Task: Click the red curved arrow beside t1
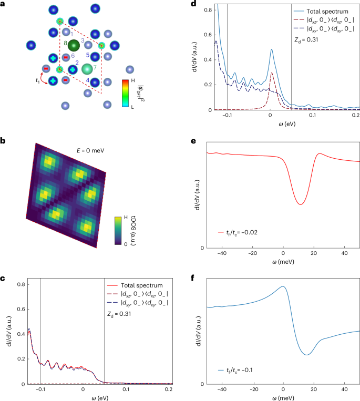[46, 77]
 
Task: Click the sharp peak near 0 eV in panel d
[271, 50]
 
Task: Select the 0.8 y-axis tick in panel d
[202, 9]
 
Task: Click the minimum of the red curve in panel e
[300, 204]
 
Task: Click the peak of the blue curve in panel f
[283, 287]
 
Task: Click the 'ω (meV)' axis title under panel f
[283, 397]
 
